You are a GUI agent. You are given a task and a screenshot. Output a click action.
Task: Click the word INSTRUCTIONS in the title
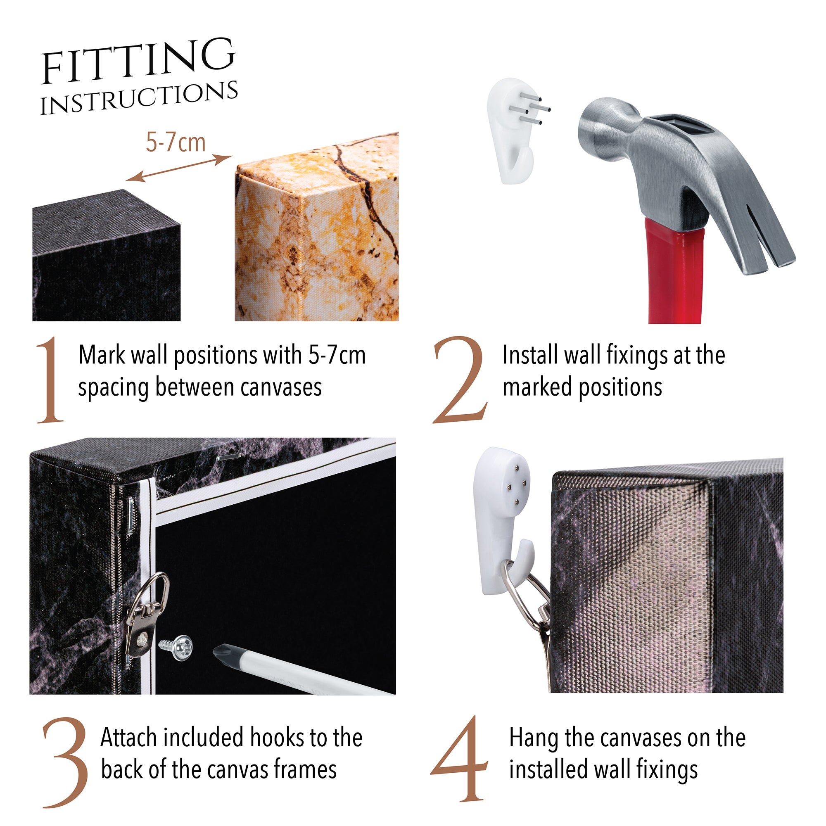pyautogui.click(x=139, y=98)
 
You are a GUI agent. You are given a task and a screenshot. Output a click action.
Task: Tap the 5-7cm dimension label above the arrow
pyautogui.click(x=176, y=142)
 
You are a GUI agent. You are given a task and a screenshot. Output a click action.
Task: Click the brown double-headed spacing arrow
pyautogui.click(x=179, y=168)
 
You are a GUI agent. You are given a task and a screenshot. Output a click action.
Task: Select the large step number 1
pyautogui.click(x=51, y=380)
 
